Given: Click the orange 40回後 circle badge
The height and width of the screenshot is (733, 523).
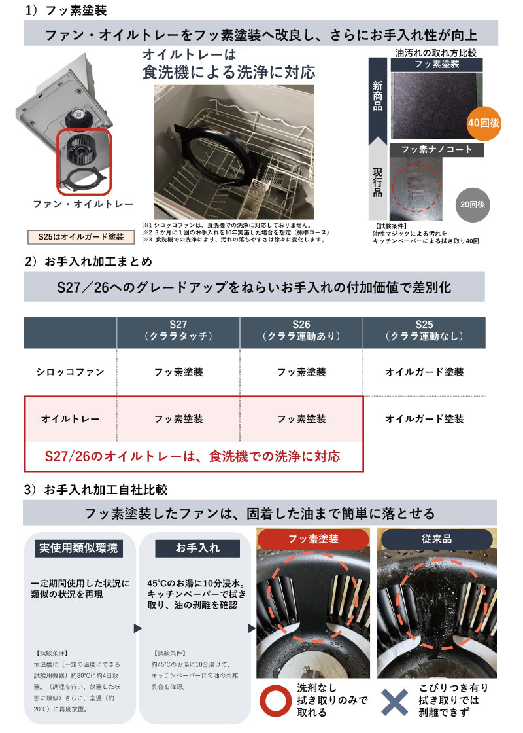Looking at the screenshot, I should tap(484, 122).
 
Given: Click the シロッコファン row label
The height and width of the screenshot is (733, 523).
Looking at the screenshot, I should tap(71, 372).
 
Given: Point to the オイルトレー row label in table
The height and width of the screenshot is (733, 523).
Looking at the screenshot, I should tap(71, 418).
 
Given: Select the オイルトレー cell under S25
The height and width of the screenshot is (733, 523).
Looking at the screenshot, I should tap(424, 418).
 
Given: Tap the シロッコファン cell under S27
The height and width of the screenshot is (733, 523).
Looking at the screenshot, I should tap(178, 372).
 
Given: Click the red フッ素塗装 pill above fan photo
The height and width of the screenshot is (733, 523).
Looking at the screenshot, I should tap(313, 541).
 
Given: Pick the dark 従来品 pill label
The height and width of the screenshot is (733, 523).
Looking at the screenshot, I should tap(437, 541).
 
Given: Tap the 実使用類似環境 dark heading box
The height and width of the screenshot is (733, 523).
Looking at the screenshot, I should tap(78, 548).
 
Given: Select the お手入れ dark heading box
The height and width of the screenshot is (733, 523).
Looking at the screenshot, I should tap(197, 548).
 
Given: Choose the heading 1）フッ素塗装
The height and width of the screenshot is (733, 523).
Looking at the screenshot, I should tap(66, 10).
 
